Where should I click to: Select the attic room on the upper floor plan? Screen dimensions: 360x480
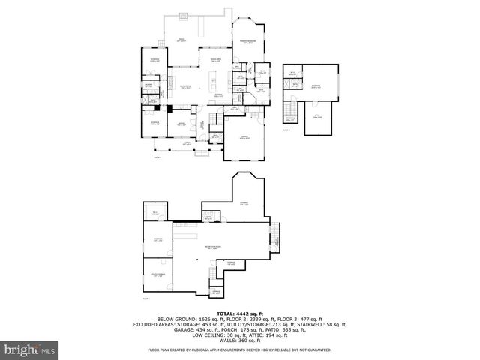(317, 119)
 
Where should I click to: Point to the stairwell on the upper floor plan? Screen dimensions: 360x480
(289, 119)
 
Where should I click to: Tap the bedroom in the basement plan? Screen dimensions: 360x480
(157, 241)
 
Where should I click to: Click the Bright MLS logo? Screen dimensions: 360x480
(29, 349)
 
